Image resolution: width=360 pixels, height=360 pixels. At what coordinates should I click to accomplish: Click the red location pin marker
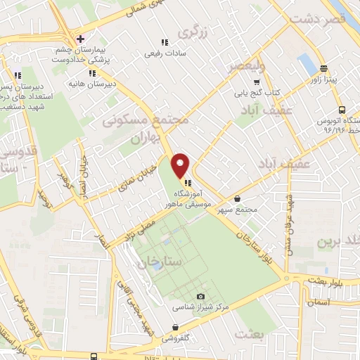click(x=181, y=165)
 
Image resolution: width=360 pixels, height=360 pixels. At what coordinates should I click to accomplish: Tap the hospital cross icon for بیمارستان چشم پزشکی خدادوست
click(x=81, y=39)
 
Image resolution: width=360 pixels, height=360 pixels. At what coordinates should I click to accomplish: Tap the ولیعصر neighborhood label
click(x=246, y=67)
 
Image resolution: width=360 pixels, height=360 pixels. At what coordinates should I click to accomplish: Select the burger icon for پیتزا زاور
click(x=323, y=69)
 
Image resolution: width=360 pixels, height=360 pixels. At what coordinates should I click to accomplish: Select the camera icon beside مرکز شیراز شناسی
click(x=202, y=297)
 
